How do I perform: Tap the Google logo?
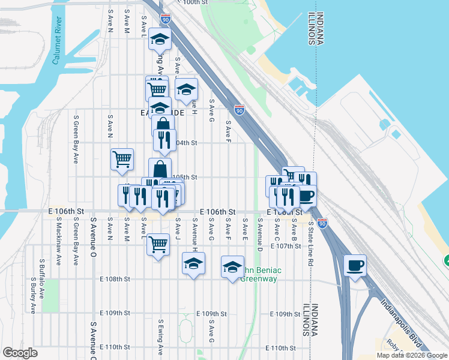click(x=20, y=353)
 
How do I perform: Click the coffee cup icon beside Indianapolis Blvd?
click(x=355, y=265)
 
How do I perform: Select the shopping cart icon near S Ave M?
click(x=122, y=159)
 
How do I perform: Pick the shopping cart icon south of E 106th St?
click(x=158, y=244)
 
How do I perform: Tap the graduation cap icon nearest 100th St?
click(x=160, y=39)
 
